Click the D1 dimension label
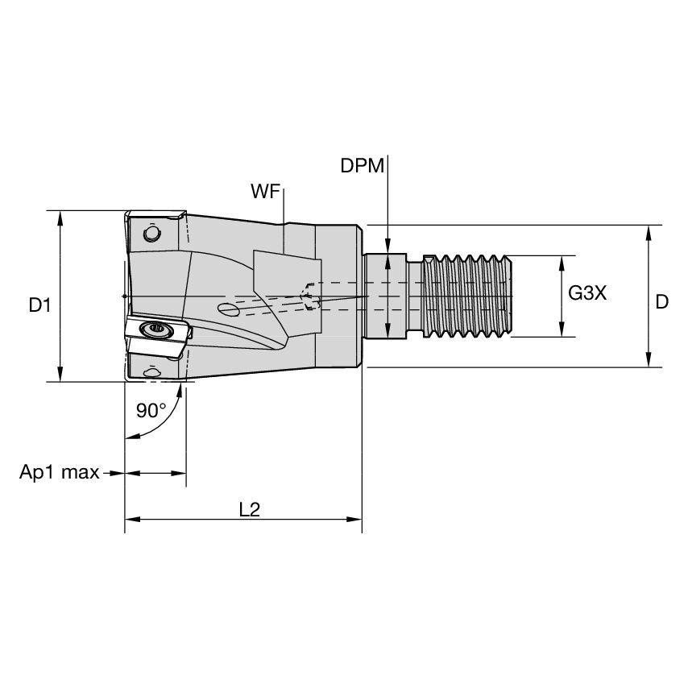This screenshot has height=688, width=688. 39,305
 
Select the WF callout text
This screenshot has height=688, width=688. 265,191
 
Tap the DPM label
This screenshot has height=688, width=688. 363,166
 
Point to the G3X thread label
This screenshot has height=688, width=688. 586,294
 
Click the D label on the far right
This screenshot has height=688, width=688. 661,302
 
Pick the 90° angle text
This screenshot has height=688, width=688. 151,409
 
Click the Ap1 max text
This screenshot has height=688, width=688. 59,472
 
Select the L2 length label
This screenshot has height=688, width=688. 250,510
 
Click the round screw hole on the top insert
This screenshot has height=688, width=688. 150,234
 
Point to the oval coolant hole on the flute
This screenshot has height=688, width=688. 229,309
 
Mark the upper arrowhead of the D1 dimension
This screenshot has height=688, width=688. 60,217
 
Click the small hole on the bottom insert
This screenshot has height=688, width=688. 151,372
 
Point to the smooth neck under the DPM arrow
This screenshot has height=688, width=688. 390,296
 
